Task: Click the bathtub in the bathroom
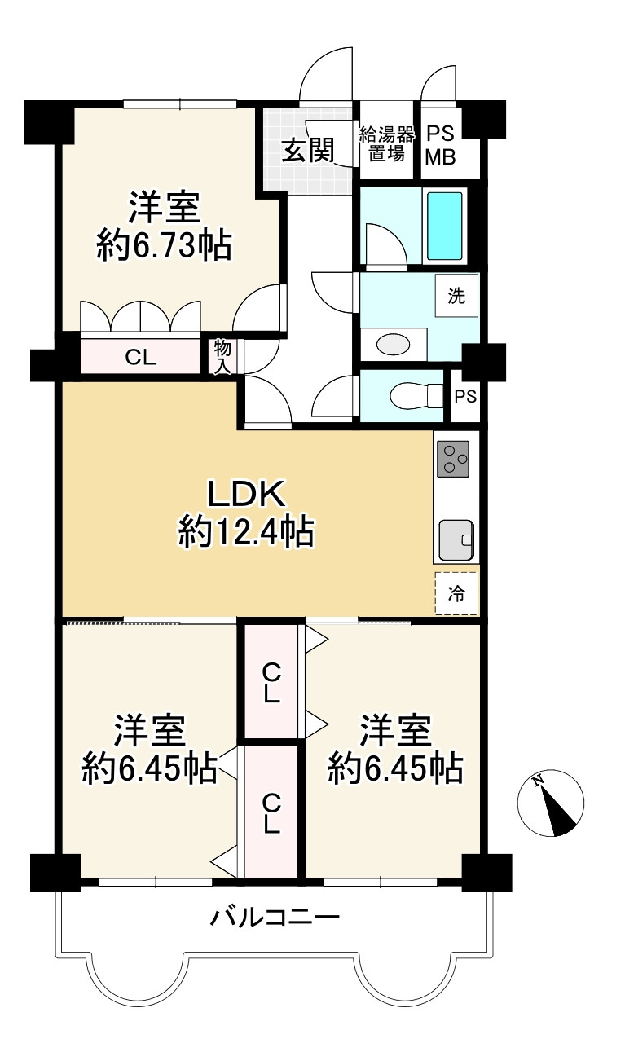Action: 445,225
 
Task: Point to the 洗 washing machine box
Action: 456,296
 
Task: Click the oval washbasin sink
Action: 394,344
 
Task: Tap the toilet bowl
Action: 412,396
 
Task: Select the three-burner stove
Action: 454,459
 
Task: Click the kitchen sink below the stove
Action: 456,539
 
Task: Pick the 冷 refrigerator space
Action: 456,593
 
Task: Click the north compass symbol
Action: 551,803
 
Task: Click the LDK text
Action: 245,493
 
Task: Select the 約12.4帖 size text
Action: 246,533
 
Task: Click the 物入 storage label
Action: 222,356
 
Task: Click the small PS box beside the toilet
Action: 465,397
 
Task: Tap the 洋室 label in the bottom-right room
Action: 396,731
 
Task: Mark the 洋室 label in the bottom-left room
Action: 149,731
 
